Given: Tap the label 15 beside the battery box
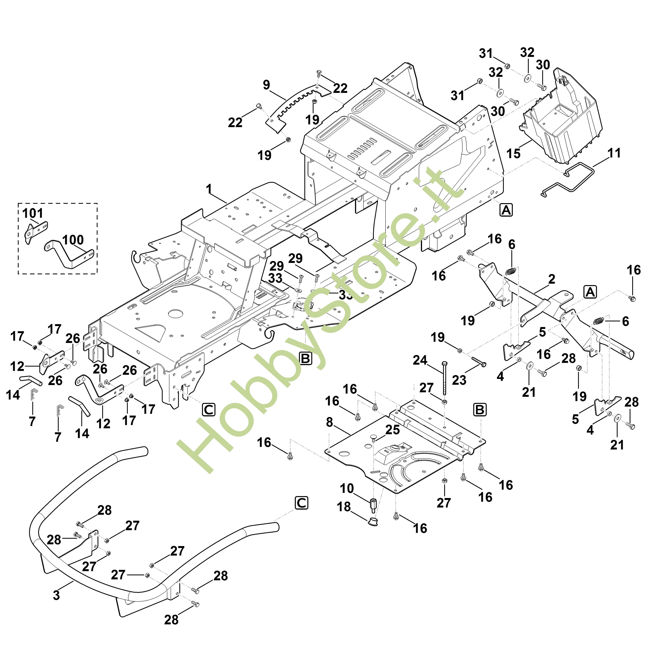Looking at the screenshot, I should click(513, 154).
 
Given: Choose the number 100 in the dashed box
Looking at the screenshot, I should click(73, 240).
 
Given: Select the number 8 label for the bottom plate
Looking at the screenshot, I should click(330, 423).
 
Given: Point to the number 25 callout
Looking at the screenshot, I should click(392, 430).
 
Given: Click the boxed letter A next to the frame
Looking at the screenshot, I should click(506, 210).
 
